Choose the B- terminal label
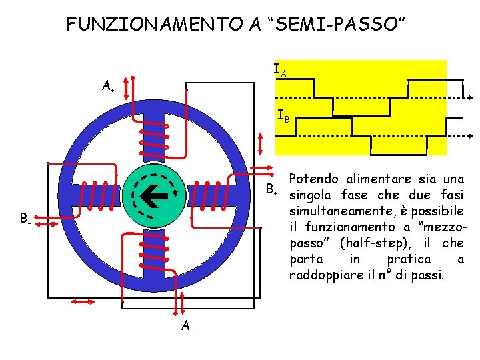pos(25,217)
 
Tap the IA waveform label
pos(281,69)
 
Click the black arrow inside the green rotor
pos(157,193)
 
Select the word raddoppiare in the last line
pos(323,275)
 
